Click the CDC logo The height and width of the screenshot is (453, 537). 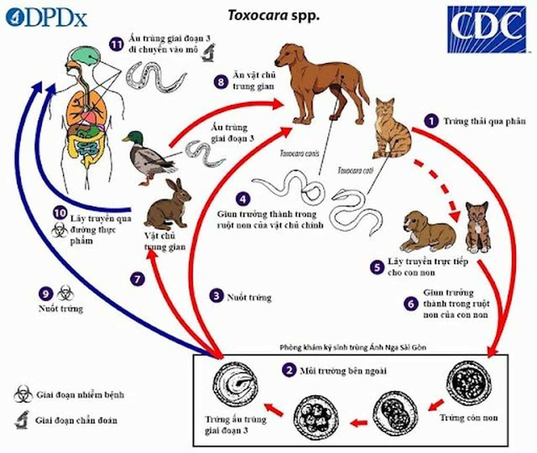(x=486, y=29)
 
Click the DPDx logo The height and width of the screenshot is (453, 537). (x=46, y=18)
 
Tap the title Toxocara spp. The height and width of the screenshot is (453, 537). (x=274, y=16)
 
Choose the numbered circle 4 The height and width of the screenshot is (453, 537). (x=243, y=199)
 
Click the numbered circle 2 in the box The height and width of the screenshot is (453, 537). (x=289, y=370)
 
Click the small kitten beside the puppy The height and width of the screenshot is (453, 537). (x=477, y=227)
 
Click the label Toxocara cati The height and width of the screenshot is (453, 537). (x=355, y=170)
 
